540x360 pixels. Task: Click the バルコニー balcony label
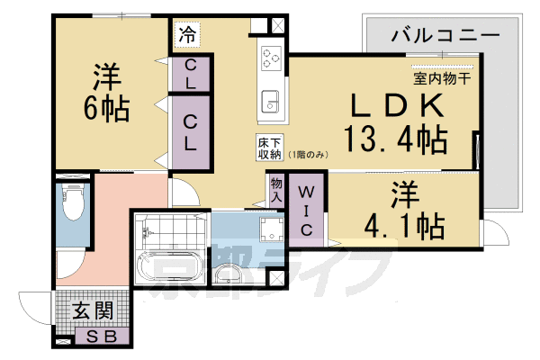tap(445, 36)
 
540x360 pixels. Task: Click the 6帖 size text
tap(101, 109)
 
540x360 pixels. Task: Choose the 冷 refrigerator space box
tap(187, 36)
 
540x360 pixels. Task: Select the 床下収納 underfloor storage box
tap(270, 148)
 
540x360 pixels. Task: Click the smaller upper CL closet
tap(193, 73)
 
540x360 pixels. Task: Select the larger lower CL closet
tap(193, 132)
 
